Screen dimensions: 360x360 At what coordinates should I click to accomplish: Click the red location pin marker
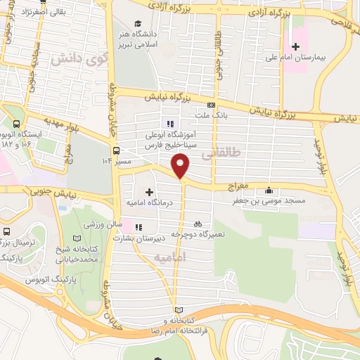click(181, 166)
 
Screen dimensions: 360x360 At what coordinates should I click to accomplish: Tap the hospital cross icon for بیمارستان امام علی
click(295, 46)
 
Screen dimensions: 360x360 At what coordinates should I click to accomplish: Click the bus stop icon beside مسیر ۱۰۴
click(116, 150)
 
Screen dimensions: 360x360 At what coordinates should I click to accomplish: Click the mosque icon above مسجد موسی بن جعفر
click(268, 190)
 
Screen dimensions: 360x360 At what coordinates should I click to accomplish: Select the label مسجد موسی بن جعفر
click(271, 201)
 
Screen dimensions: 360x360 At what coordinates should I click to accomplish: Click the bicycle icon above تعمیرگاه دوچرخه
click(198, 223)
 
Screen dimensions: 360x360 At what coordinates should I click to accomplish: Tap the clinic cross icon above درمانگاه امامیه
click(149, 191)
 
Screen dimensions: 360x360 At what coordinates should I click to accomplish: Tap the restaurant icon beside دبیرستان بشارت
click(139, 227)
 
